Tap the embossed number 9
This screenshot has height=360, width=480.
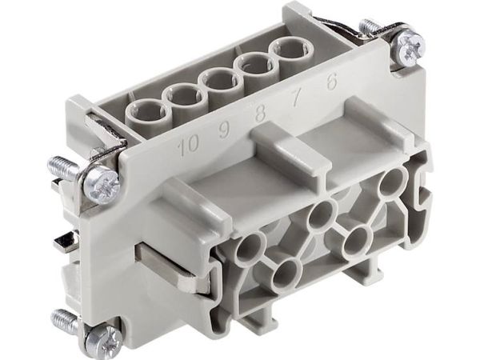(x=225, y=131)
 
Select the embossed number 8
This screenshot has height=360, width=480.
(x=260, y=114)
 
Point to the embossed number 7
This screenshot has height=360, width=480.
(x=296, y=98)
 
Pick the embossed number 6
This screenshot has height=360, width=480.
(x=331, y=82)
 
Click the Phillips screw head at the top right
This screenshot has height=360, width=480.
(x=410, y=46)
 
